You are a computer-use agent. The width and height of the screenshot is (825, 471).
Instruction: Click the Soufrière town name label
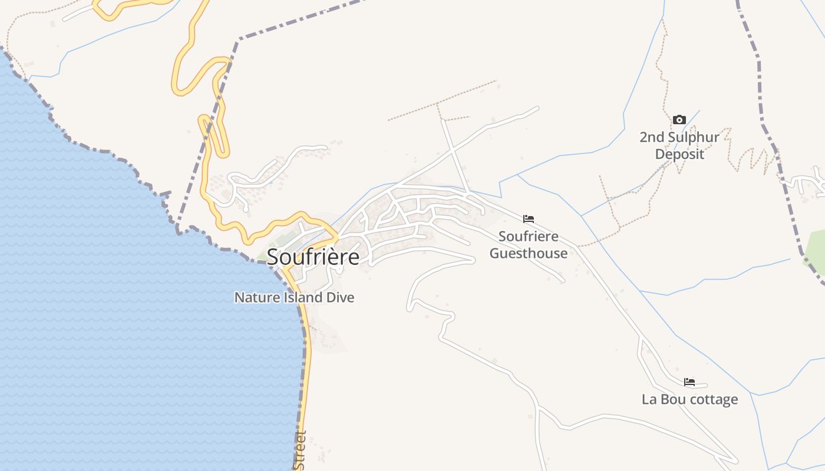313,257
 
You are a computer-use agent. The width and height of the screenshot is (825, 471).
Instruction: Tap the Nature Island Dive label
294,297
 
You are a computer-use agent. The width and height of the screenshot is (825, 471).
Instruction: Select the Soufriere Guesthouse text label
529,245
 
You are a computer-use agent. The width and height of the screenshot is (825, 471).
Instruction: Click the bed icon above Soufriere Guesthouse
529,219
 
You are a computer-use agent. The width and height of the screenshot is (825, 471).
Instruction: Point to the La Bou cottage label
689,399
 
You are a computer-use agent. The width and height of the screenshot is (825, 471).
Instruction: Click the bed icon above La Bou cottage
689,382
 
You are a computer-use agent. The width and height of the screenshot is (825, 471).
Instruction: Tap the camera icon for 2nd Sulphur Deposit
679,120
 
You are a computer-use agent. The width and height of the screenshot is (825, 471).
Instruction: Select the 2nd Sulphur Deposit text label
679,146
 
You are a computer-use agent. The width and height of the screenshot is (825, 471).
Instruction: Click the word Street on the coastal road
301,450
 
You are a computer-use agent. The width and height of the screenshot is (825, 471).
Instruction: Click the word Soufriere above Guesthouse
529,237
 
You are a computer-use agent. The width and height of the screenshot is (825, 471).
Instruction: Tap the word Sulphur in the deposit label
694,138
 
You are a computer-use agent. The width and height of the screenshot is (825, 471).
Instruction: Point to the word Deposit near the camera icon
679,154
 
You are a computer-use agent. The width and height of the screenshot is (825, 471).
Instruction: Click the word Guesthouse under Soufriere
529,254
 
